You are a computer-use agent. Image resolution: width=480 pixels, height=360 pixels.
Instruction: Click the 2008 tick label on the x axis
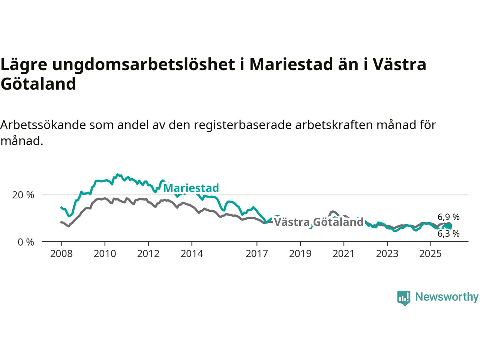click(x=61, y=254)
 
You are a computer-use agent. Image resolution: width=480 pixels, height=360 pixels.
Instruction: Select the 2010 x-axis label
click(x=105, y=254)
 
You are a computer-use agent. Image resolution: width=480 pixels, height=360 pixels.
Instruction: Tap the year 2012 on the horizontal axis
click(x=148, y=254)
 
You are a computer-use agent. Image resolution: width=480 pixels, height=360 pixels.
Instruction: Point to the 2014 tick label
click(x=192, y=254)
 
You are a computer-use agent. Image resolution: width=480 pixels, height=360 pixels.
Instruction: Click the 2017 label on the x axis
click(x=256, y=254)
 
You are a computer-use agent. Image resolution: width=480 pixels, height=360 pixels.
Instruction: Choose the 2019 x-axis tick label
click(x=300, y=254)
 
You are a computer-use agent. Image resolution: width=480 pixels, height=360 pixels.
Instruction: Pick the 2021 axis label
click(x=343, y=254)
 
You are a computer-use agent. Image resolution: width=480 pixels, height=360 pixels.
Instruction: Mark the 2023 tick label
click(x=387, y=254)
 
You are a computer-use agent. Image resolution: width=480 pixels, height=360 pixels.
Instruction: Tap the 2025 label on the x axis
click(x=430, y=254)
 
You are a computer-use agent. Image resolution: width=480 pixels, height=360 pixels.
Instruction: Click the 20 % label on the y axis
click(x=23, y=195)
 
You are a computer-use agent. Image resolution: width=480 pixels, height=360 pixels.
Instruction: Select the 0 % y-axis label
click(x=26, y=242)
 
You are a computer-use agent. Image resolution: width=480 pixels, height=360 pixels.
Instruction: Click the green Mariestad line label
click(x=191, y=188)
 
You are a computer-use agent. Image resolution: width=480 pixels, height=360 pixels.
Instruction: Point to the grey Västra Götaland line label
click(x=319, y=222)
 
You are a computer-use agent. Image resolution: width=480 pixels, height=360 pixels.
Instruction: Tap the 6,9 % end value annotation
click(x=448, y=217)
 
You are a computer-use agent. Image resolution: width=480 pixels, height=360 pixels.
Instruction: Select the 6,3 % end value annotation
click(x=448, y=234)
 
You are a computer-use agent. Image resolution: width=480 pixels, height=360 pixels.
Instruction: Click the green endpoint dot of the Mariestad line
click(x=448, y=226)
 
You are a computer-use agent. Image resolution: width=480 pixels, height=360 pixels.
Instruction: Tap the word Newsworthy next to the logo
click(x=447, y=297)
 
